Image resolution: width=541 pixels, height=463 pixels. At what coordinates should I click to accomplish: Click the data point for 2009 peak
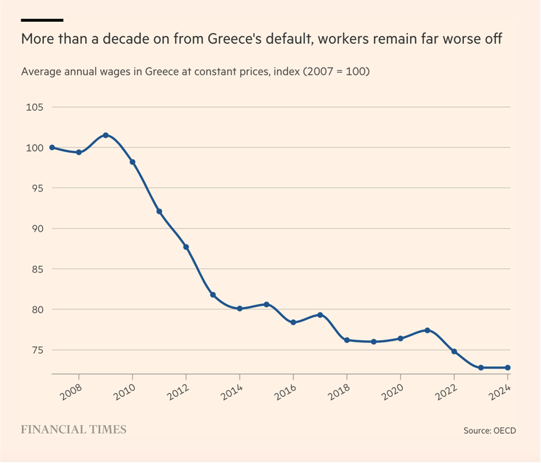coord(105,135)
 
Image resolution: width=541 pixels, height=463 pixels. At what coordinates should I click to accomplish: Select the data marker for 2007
coord(52,147)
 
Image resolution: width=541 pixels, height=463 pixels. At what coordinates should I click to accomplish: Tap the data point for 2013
coord(213,295)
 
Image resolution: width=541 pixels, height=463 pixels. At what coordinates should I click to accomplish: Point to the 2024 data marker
coord(507,368)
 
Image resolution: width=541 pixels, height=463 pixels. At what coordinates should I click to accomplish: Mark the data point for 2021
coord(427,330)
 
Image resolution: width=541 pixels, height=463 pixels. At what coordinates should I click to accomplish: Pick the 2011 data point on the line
coord(159,211)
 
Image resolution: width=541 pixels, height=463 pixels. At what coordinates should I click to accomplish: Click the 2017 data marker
coord(320,315)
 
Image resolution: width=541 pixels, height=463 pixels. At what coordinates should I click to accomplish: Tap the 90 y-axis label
coord(36,229)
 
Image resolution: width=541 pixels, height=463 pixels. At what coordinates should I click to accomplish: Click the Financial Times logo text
coord(73,429)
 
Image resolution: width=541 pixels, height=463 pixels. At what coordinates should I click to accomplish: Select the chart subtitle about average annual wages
coord(195,71)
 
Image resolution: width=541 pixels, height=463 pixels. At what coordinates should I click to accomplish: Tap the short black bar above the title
coord(42,20)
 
